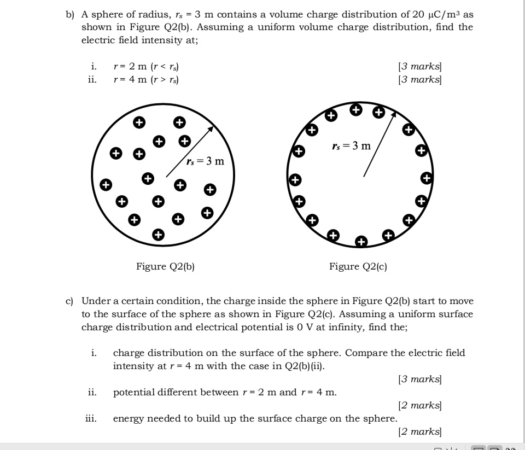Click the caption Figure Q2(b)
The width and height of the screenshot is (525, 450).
[x=165, y=266]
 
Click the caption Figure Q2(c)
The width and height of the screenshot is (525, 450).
[x=358, y=266]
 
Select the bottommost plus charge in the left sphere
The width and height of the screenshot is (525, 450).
[x=158, y=235]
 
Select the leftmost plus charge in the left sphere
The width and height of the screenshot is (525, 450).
[x=107, y=184]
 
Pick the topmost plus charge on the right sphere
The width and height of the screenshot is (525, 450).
[x=356, y=109]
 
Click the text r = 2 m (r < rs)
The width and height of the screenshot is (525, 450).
[x=146, y=67]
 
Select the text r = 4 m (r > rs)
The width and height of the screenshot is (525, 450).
[x=146, y=80]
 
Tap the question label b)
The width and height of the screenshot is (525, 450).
[x=69, y=15]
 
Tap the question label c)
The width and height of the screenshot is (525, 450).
[x=69, y=301]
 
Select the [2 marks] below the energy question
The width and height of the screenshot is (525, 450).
[x=420, y=432]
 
